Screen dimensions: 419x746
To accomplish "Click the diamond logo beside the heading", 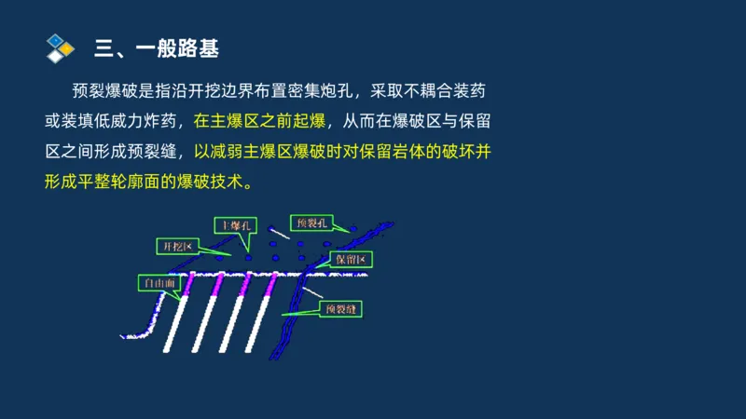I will click(60, 47).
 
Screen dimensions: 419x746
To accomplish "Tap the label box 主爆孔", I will click(233, 225).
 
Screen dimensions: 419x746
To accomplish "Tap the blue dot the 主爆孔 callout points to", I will click(249, 257).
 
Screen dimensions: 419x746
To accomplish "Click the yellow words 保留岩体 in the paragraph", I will click(394, 151).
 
